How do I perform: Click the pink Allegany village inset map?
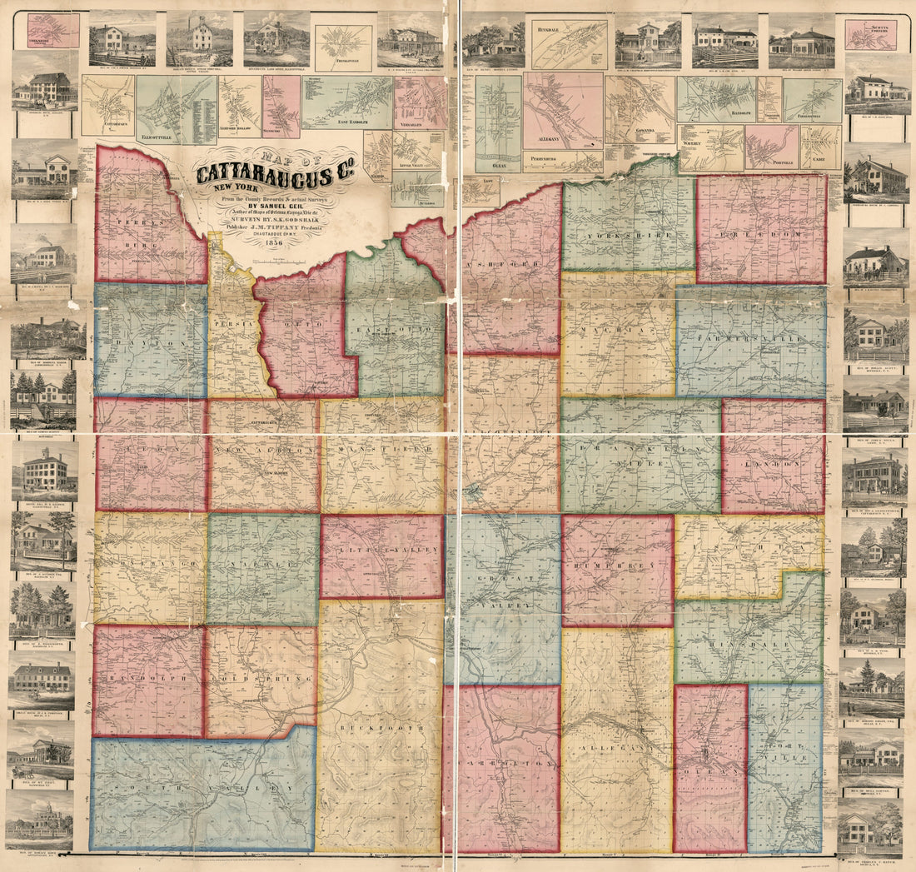(563, 109)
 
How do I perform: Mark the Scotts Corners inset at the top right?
(870, 35)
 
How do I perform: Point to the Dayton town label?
(150, 342)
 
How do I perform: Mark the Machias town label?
(618, 330)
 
